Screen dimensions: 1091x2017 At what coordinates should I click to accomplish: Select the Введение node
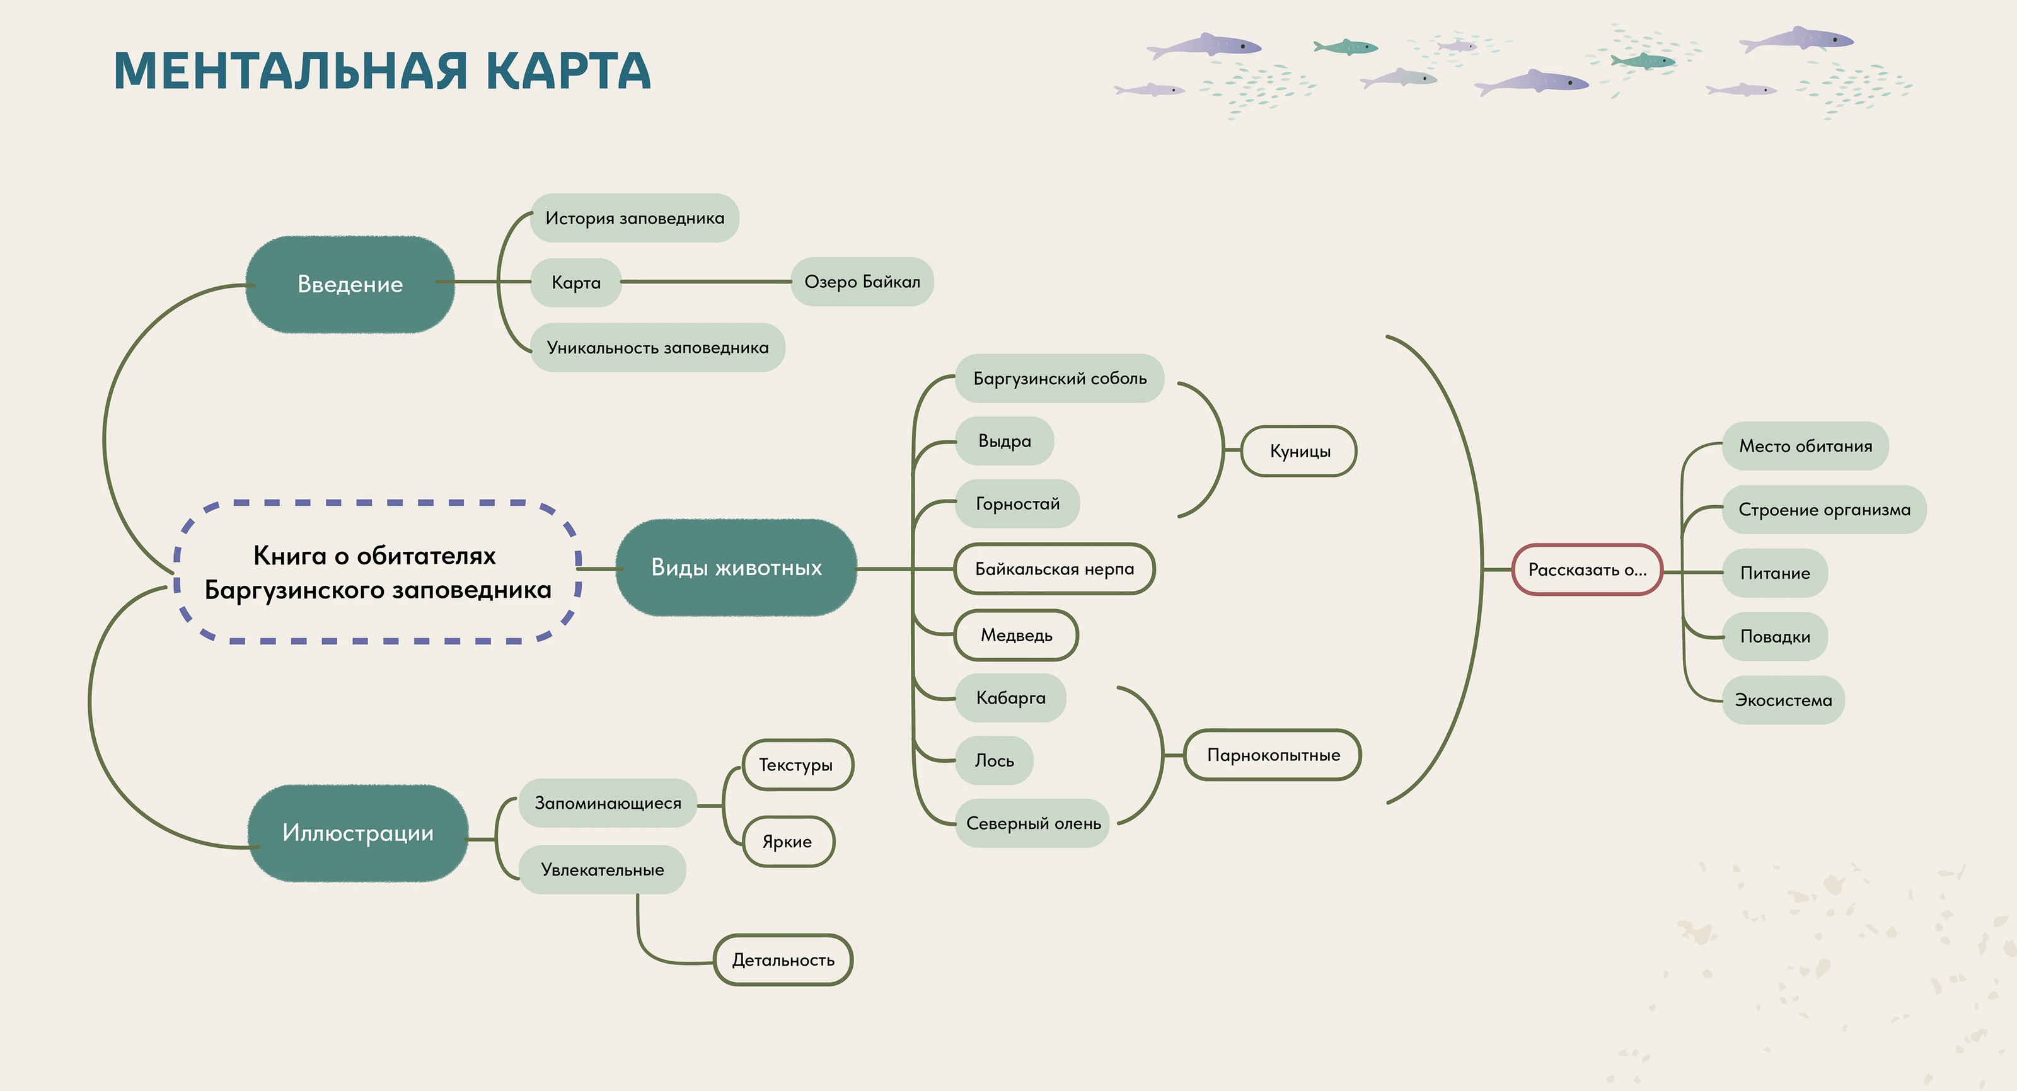[x=350, y=284]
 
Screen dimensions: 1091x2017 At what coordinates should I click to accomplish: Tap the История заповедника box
[x=634, y=219]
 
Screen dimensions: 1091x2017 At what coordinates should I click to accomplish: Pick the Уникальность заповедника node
[x=657, y=348]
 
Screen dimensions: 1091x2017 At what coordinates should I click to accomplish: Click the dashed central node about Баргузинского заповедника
[x=378, y=572]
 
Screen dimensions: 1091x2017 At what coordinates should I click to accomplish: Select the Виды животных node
[x=736, y=568]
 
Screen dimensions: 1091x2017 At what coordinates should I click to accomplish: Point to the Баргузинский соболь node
[x=1060, y=379]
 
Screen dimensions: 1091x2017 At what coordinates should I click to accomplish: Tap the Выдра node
[x=1004, y=442]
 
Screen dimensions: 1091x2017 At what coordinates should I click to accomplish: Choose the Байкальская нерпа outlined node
[x=1054, y=569]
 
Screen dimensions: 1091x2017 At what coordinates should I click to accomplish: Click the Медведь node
[x=1015, y=635]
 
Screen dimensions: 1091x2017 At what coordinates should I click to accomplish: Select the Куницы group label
[x=1299, y=452]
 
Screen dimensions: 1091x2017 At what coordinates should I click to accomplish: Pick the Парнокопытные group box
[x=1273, y=755]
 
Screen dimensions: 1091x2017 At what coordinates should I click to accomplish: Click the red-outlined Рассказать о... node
[x=1586, y=570]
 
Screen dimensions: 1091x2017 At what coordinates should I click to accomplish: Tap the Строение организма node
[x=1823, y=510]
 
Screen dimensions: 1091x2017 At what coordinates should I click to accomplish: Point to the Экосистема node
[x=1783, y=700]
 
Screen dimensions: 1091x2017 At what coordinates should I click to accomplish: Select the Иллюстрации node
[x=358, y=833]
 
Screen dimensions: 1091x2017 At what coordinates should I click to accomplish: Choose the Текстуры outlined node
[x=795, y=765]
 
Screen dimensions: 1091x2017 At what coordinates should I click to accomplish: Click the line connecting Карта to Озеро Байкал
[x=705, y=282]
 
